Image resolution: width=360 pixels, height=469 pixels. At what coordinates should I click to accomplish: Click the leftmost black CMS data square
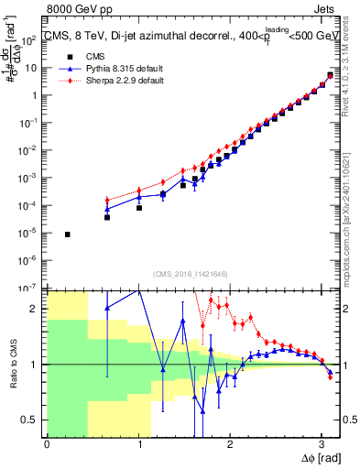[68, 234]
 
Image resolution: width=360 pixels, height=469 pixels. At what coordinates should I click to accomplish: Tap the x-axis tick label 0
[47, 444]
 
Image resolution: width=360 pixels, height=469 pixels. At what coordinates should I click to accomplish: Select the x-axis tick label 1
[138, 444]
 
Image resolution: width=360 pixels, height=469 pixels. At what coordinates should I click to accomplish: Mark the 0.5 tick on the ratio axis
[34, 420]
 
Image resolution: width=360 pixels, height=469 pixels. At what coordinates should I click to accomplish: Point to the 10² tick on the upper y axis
[33, 40]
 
